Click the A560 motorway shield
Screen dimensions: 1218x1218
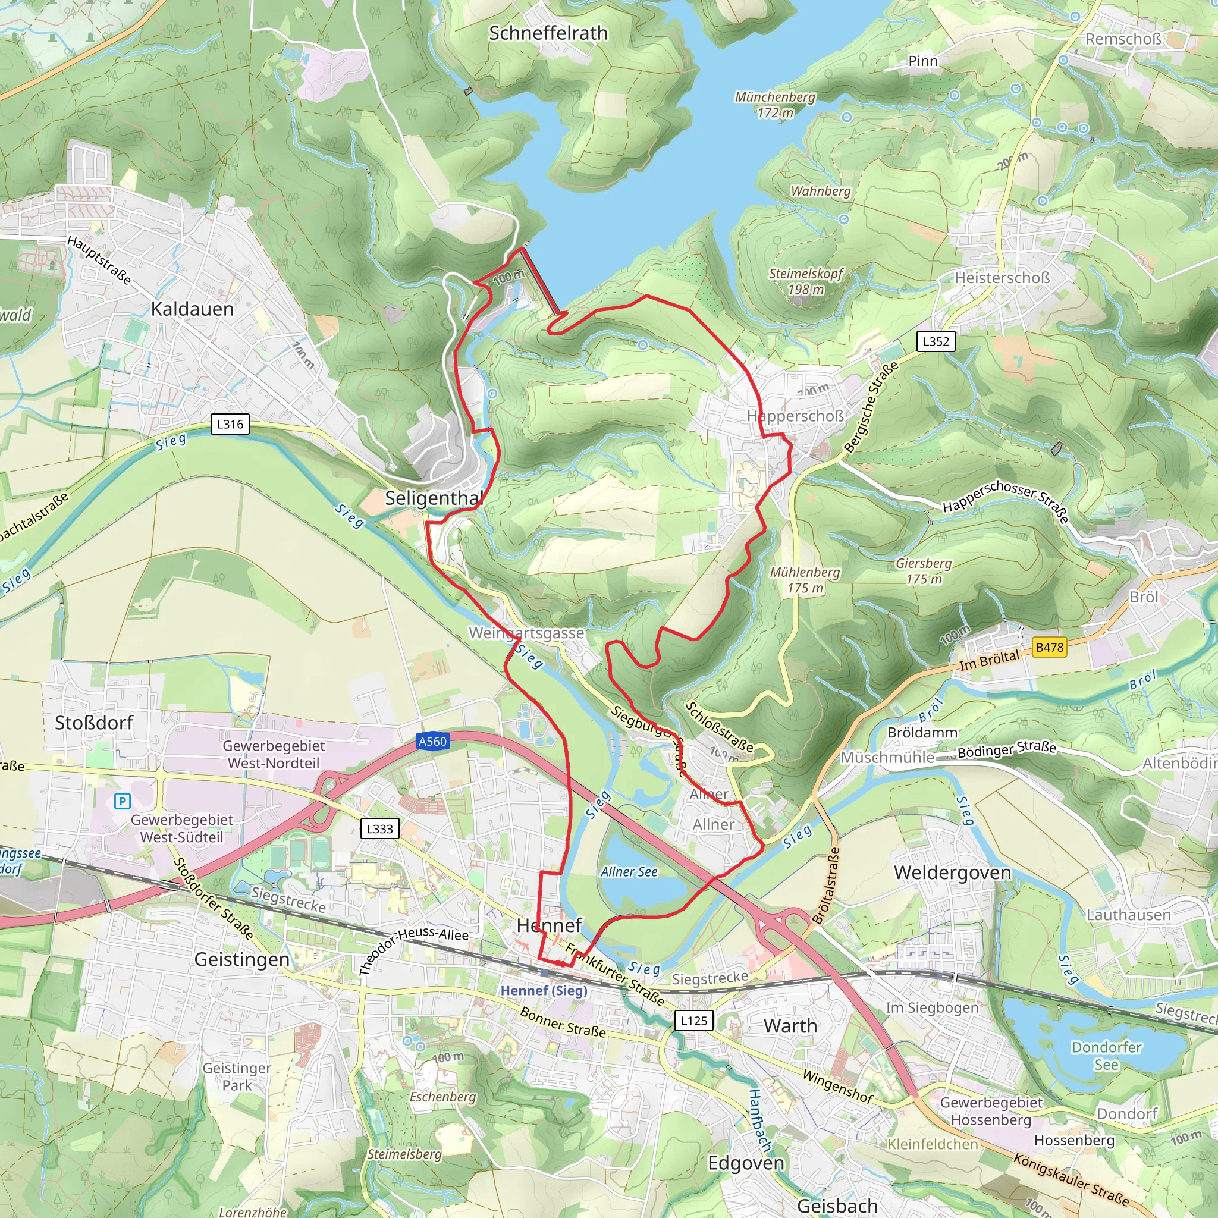point(432,742)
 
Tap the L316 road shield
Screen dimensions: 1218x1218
point(230,423)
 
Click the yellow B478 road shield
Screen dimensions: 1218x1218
point(1050,647)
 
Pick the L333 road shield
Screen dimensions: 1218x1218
point(379,828)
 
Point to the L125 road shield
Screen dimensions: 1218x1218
point(693,1020)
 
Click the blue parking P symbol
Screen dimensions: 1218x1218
point(123,801)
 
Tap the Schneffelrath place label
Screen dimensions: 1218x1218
point(548,33)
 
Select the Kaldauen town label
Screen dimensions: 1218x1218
point(192,309)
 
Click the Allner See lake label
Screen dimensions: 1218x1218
point(629,872)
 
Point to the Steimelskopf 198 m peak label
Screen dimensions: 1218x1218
point(805,281)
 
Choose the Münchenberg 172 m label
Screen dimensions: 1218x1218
point(775,105)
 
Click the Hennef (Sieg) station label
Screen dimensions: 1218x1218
point(544,990)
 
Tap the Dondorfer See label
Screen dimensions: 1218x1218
point(1106,1056)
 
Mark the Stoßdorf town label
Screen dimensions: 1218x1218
point(94,723)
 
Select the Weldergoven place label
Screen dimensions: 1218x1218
point(952,872)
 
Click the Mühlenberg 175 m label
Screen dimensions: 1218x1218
point(805,579)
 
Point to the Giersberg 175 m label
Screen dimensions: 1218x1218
point(924,570)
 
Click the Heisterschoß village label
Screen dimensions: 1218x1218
point(1002,277)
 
